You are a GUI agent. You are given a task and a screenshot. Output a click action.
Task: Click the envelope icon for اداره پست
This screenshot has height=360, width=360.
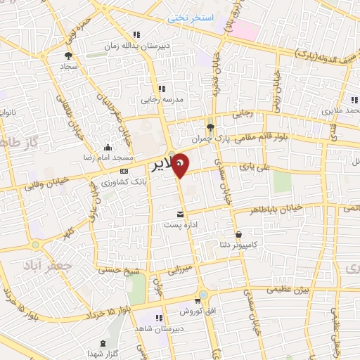(x=181, y=214)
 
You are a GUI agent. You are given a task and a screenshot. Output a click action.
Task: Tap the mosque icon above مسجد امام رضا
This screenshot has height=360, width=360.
(x=107, y=147)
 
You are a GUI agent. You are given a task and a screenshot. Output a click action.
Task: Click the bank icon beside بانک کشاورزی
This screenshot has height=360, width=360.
(x=124, y=172)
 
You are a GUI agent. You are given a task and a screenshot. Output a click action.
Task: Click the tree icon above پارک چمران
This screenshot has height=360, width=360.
(x=210, y=127)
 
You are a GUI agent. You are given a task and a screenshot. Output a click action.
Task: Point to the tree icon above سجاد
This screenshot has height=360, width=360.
(x=68, y=55)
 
